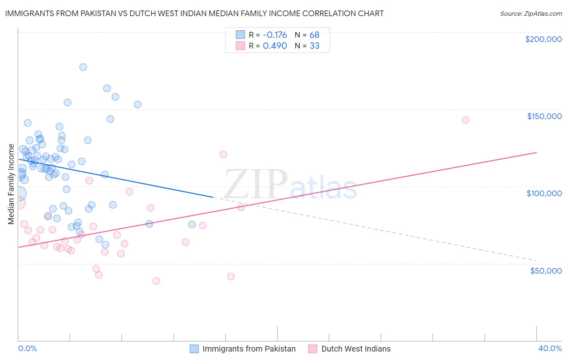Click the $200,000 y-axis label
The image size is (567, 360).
coord(543,39)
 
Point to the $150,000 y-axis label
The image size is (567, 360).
coord(544,116)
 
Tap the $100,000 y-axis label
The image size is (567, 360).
coord(544,193)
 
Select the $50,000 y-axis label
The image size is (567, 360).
coord(546,271)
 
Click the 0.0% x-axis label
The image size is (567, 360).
coord(27,348)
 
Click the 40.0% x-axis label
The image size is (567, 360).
coord(550,348)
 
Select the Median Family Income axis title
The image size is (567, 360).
coord(11,184)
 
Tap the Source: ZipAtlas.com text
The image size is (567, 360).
coord(531,13)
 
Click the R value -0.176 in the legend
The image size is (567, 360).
coord(275,35)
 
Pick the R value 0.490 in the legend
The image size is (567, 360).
coord(275,46)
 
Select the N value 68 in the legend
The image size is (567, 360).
coord(314,35)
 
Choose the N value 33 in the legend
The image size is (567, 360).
coord(314,46)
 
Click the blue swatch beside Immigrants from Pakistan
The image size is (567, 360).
coord(194,349)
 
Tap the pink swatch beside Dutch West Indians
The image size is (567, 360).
coord(313,349)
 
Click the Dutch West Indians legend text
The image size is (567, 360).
coord(356,349)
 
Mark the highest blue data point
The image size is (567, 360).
coord(83,67)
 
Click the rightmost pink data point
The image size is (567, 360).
coord(465,120)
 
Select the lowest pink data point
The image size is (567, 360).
coord(156,281)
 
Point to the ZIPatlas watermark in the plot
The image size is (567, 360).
coord(290,185)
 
